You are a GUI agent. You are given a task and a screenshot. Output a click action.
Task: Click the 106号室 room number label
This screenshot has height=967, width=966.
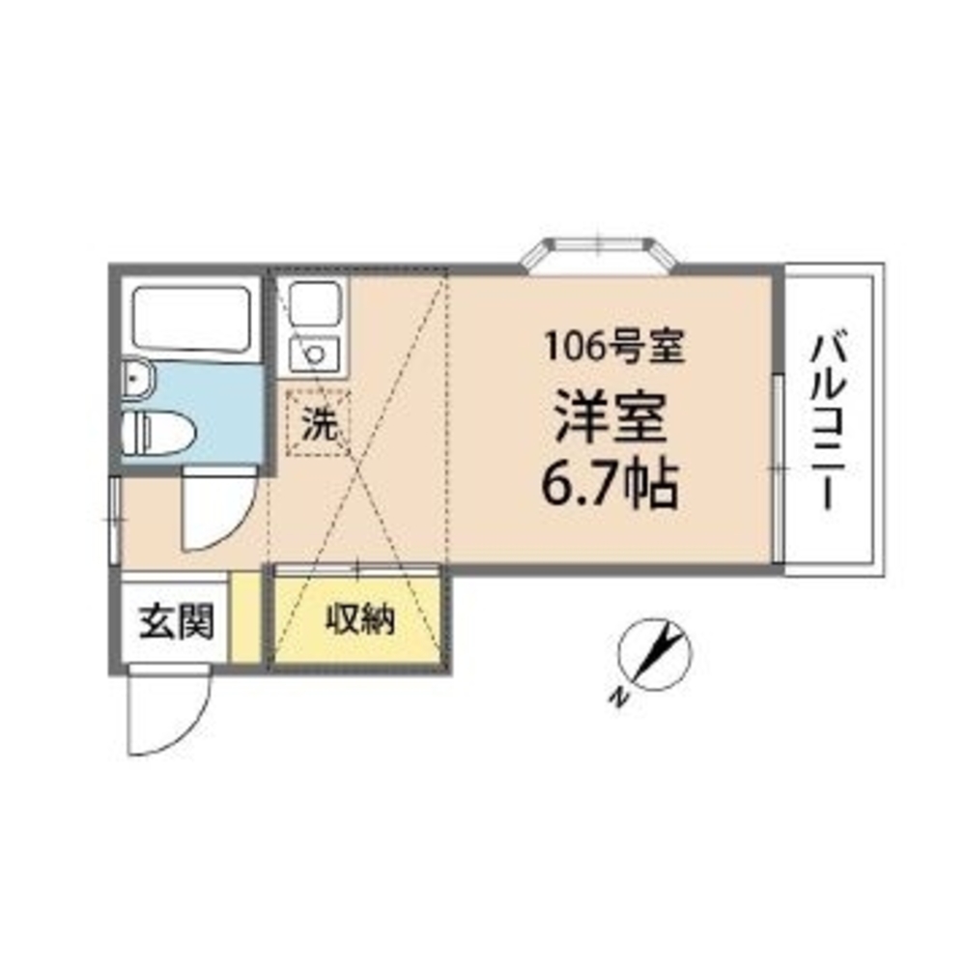click(613, 346)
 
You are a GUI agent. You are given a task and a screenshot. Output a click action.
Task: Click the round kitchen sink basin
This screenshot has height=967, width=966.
click(315, 354)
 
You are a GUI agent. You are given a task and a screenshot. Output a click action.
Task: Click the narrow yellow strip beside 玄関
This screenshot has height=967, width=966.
click(247, 618)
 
